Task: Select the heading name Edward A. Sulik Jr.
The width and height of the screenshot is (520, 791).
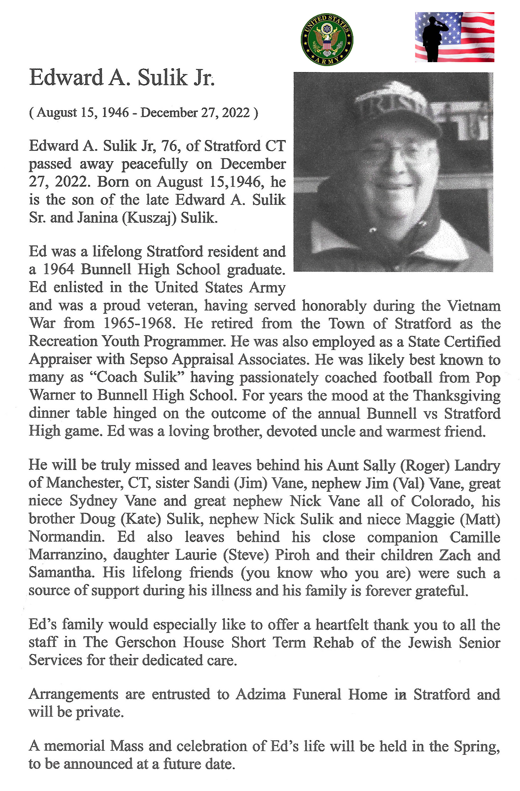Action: coord(121,78)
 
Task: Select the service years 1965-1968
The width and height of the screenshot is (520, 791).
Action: coord(139,323)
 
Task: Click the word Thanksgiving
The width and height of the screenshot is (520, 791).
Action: coord(457,395)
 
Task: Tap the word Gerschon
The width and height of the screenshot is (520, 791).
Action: coord(146,642)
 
